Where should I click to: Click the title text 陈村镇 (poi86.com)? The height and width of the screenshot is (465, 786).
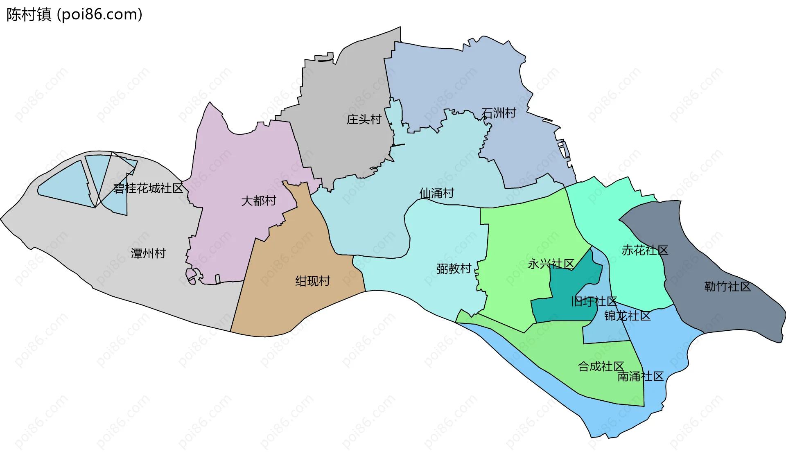click(74, 15)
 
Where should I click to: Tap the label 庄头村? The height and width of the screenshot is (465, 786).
click(364, 120)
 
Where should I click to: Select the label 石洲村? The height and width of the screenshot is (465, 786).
click(499, 113)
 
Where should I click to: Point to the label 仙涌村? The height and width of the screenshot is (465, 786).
click(437, 193)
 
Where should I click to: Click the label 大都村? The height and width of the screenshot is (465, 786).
click(259, 201)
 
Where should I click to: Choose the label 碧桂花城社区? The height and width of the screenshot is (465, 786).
click(148, 188)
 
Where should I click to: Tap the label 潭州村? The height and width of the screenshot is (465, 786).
click(148, 253)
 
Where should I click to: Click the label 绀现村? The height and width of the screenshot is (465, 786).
click(313, 281)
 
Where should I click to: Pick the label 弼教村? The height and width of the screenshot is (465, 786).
click(454, 269)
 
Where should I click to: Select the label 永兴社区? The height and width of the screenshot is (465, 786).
click(551, 264)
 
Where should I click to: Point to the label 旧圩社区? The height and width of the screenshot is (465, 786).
click(594, 302)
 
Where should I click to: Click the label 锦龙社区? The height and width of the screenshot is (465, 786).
click(628, 316)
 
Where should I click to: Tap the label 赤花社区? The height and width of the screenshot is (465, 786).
click(645, 250)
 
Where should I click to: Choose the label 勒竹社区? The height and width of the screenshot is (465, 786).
click(727, 287)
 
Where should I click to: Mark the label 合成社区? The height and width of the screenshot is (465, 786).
click(601, 366)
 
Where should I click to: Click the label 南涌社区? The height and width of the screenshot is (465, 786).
click(640, 376)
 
